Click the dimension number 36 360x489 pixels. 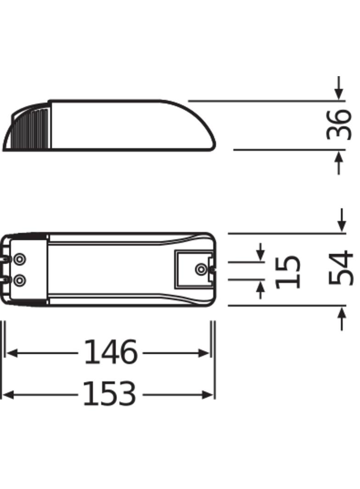tap(339, 124)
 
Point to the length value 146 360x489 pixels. tap(110, 353)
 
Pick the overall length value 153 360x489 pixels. tap(109, 394)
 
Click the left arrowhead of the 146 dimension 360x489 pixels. tap(12, 353)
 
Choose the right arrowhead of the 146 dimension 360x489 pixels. tap(203, 353)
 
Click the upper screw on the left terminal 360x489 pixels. tap(19, 260)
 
